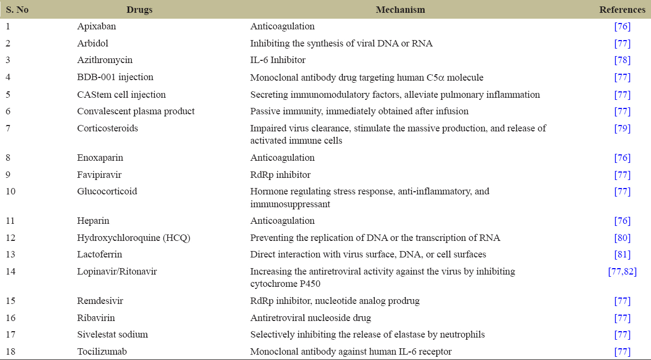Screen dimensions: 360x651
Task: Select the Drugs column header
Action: click(140, 10)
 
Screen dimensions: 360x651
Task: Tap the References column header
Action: click(622, 10)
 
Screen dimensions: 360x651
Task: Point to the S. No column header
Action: click(17, 10)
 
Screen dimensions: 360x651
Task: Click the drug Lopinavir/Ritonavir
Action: click(117, 271)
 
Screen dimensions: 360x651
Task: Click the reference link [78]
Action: click(622, 60)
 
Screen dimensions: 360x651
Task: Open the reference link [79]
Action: click(622, 128)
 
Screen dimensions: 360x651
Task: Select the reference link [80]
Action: click(622, 238)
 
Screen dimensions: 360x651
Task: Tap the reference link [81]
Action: click(622, 255)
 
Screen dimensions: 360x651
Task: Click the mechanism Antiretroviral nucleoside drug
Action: click(310, 318)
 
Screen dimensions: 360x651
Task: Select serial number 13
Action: click(11, 255)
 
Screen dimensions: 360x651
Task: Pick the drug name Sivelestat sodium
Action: click(112, 334)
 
